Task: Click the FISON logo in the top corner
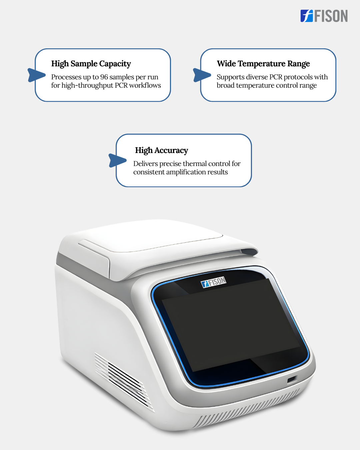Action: point(324,16)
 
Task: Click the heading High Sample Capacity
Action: point(91,64)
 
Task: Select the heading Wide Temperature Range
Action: point(263,64)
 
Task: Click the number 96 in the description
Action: point(104,77)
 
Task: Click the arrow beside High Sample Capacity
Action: point(37,75)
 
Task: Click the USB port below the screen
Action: point(292,379)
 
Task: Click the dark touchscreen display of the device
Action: point(230,326)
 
